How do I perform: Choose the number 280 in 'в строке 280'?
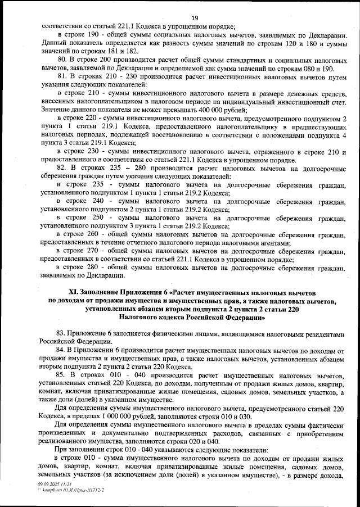[91, 268]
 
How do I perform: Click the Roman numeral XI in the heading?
[73, 292]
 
